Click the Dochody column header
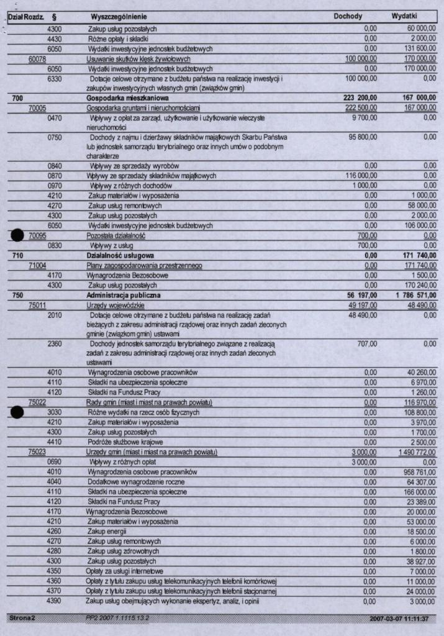(x=348, y=16)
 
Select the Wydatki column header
(x=404, y=16)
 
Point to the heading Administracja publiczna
(x=123, y=295)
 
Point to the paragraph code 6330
(x=55, y=78)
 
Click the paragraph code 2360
(x=55, y=343)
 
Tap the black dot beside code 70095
(x=17, y=235)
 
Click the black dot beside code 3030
(x=17, y=412)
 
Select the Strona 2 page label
(x=22, y=619)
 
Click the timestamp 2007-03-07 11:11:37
(x=402, y=619)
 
